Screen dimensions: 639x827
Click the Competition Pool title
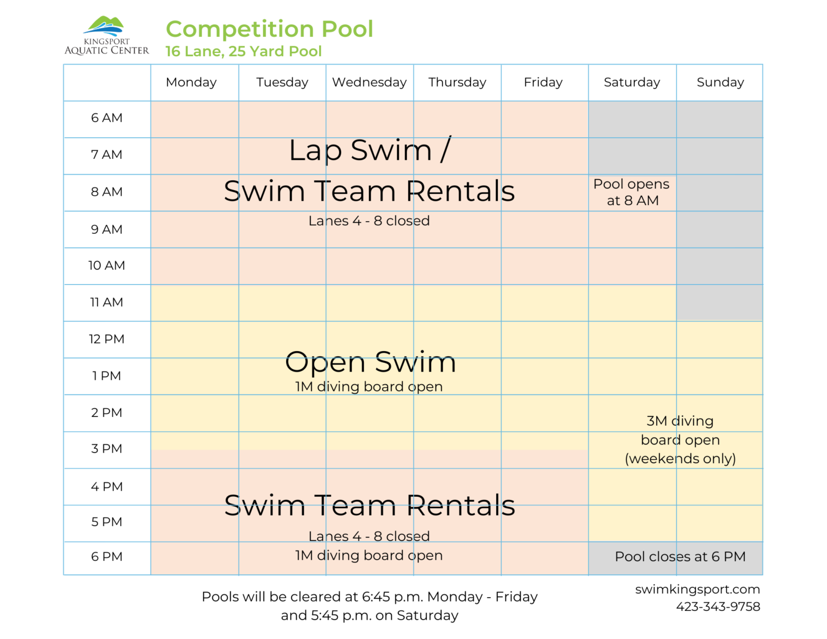coord(270,29)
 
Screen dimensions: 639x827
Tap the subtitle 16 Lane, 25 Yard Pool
coord(243,51)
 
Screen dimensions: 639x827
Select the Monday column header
coord(191,82)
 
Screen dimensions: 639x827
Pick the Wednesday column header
coord(369,82)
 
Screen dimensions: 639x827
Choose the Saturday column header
coord(632,82)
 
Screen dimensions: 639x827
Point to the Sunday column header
coord(720,82)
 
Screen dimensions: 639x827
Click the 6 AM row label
coord(107,118)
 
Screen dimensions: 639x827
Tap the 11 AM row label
coord(107,302)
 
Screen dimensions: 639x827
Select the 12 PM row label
coord(107,339)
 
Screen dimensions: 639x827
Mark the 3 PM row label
coord(107,449)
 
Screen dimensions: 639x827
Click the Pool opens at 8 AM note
coord(632,192)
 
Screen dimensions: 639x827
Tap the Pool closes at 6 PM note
coord(680,557)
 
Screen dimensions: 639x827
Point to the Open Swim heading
coord(370,362)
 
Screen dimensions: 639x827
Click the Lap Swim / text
coord(370,150)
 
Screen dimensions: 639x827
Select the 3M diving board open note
coord(680,440)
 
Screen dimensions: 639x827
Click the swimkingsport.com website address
coord(697,589)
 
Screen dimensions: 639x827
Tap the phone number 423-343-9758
coord(718,606)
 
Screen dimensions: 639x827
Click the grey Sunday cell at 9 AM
coord(719,229)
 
